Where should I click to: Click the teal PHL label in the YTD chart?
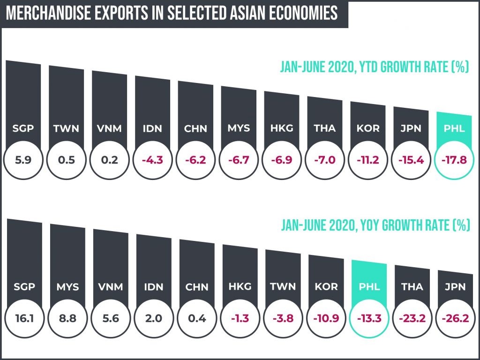[454, 128]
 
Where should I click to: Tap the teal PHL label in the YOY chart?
[368, 286]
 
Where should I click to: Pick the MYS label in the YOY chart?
[67, 286]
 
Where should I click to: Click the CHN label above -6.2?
[195, 128]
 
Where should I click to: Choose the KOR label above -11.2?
[367, 128]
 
